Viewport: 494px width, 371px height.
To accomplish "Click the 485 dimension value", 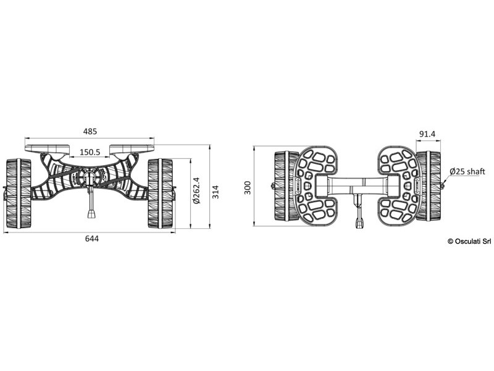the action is (x=90, y=131).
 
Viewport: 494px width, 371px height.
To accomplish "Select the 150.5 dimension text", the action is (x=90, y=152).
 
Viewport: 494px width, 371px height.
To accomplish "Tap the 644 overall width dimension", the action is (x=91, y=239).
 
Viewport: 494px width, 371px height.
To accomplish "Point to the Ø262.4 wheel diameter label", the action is (x=196, y=190).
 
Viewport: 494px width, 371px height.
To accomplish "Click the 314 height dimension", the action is (x=216, y=192).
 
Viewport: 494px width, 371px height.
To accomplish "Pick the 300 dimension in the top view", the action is (x=248, y=188).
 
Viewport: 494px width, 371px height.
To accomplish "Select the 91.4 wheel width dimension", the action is (x=427, y=134).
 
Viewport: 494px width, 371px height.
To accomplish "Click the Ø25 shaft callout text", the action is (x=467, y=171).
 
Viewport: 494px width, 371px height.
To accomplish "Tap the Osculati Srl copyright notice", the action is (x=469, y=241).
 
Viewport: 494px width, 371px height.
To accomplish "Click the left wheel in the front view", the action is (x=19, y=194).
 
